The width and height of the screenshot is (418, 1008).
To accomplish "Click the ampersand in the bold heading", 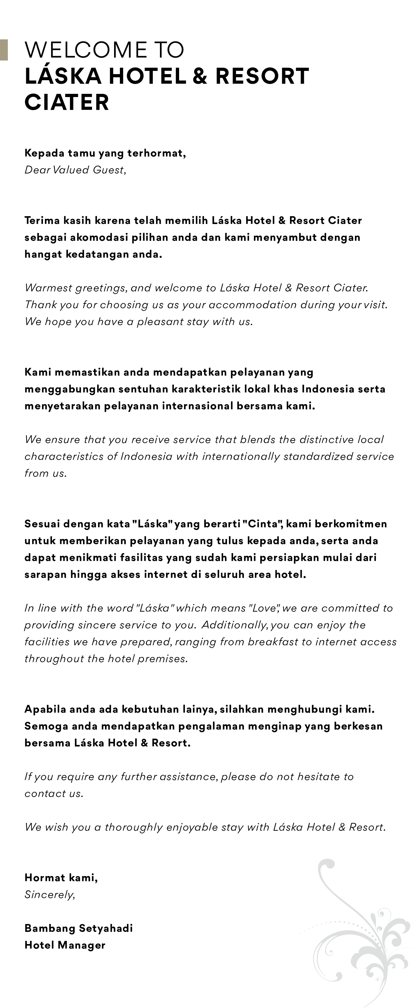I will click(200, 76).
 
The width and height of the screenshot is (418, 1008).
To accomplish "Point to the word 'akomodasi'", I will click(98, 237).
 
